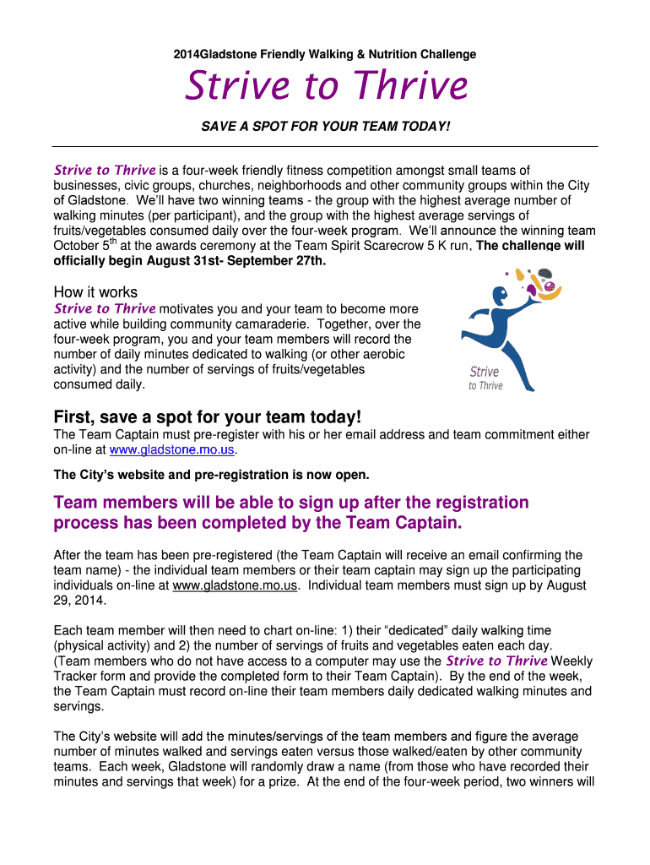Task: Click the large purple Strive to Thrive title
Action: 326,85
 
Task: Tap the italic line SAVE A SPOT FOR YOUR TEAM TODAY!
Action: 326,126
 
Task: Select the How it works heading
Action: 95,292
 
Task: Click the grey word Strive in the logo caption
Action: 484,372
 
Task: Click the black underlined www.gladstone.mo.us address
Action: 235,585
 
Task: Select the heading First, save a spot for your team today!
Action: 208,417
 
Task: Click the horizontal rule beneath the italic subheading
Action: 326,146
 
